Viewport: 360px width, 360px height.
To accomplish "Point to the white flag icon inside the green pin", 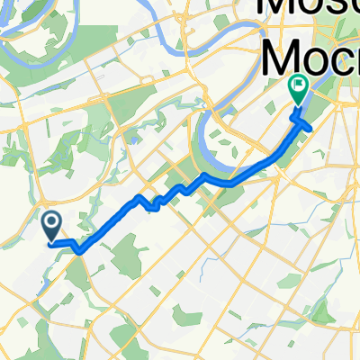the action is tap(297, 87).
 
